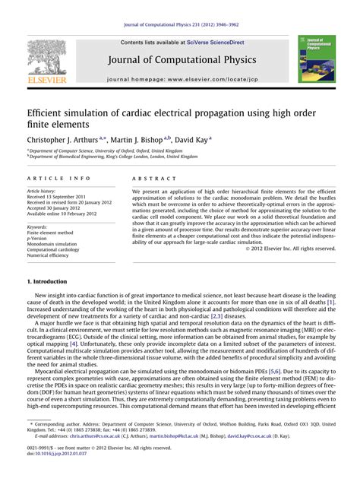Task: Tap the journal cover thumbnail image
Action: tap(314, 61)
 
